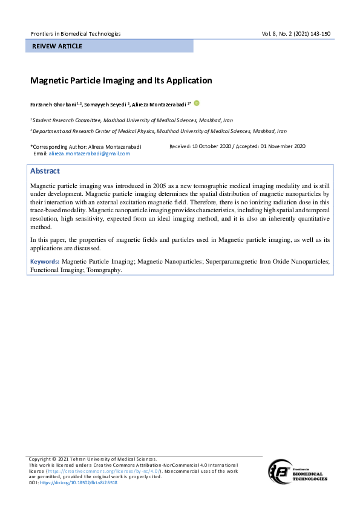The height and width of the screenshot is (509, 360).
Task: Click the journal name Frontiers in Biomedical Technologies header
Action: pyautogui.click(x=75, y=34)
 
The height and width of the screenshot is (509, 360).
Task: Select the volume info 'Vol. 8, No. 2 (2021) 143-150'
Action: pyautogui.click(x=296, y=34)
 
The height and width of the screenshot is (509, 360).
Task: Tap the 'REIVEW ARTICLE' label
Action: pyautogui.click(x=58, y=47)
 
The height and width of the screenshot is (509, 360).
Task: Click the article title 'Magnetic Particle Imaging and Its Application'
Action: pyautogui.click(x=121, y=80)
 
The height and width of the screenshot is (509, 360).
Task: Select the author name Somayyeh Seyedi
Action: pyautogui.click(x=105, y=105)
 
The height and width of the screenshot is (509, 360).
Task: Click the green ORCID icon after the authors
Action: pyautogui.click(x=197, y=103)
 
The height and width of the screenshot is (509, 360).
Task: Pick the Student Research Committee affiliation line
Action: pyautogui.click(x=131, y=120)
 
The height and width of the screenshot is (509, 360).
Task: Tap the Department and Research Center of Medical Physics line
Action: pyautogui.click(x=159, y=131)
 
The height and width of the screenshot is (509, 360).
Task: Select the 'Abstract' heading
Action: pyautogui.click(x=45, y=171)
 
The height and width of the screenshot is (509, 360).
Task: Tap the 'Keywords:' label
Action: pyautogui.click(x=45, y=262)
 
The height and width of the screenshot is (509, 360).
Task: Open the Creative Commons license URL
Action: pyautogui.click(x=103, y=470)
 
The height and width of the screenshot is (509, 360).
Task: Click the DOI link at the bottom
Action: pyautogui.click(x=79, y=482)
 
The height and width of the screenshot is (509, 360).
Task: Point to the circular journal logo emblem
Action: pyautogui.click(x=282, y=470)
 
